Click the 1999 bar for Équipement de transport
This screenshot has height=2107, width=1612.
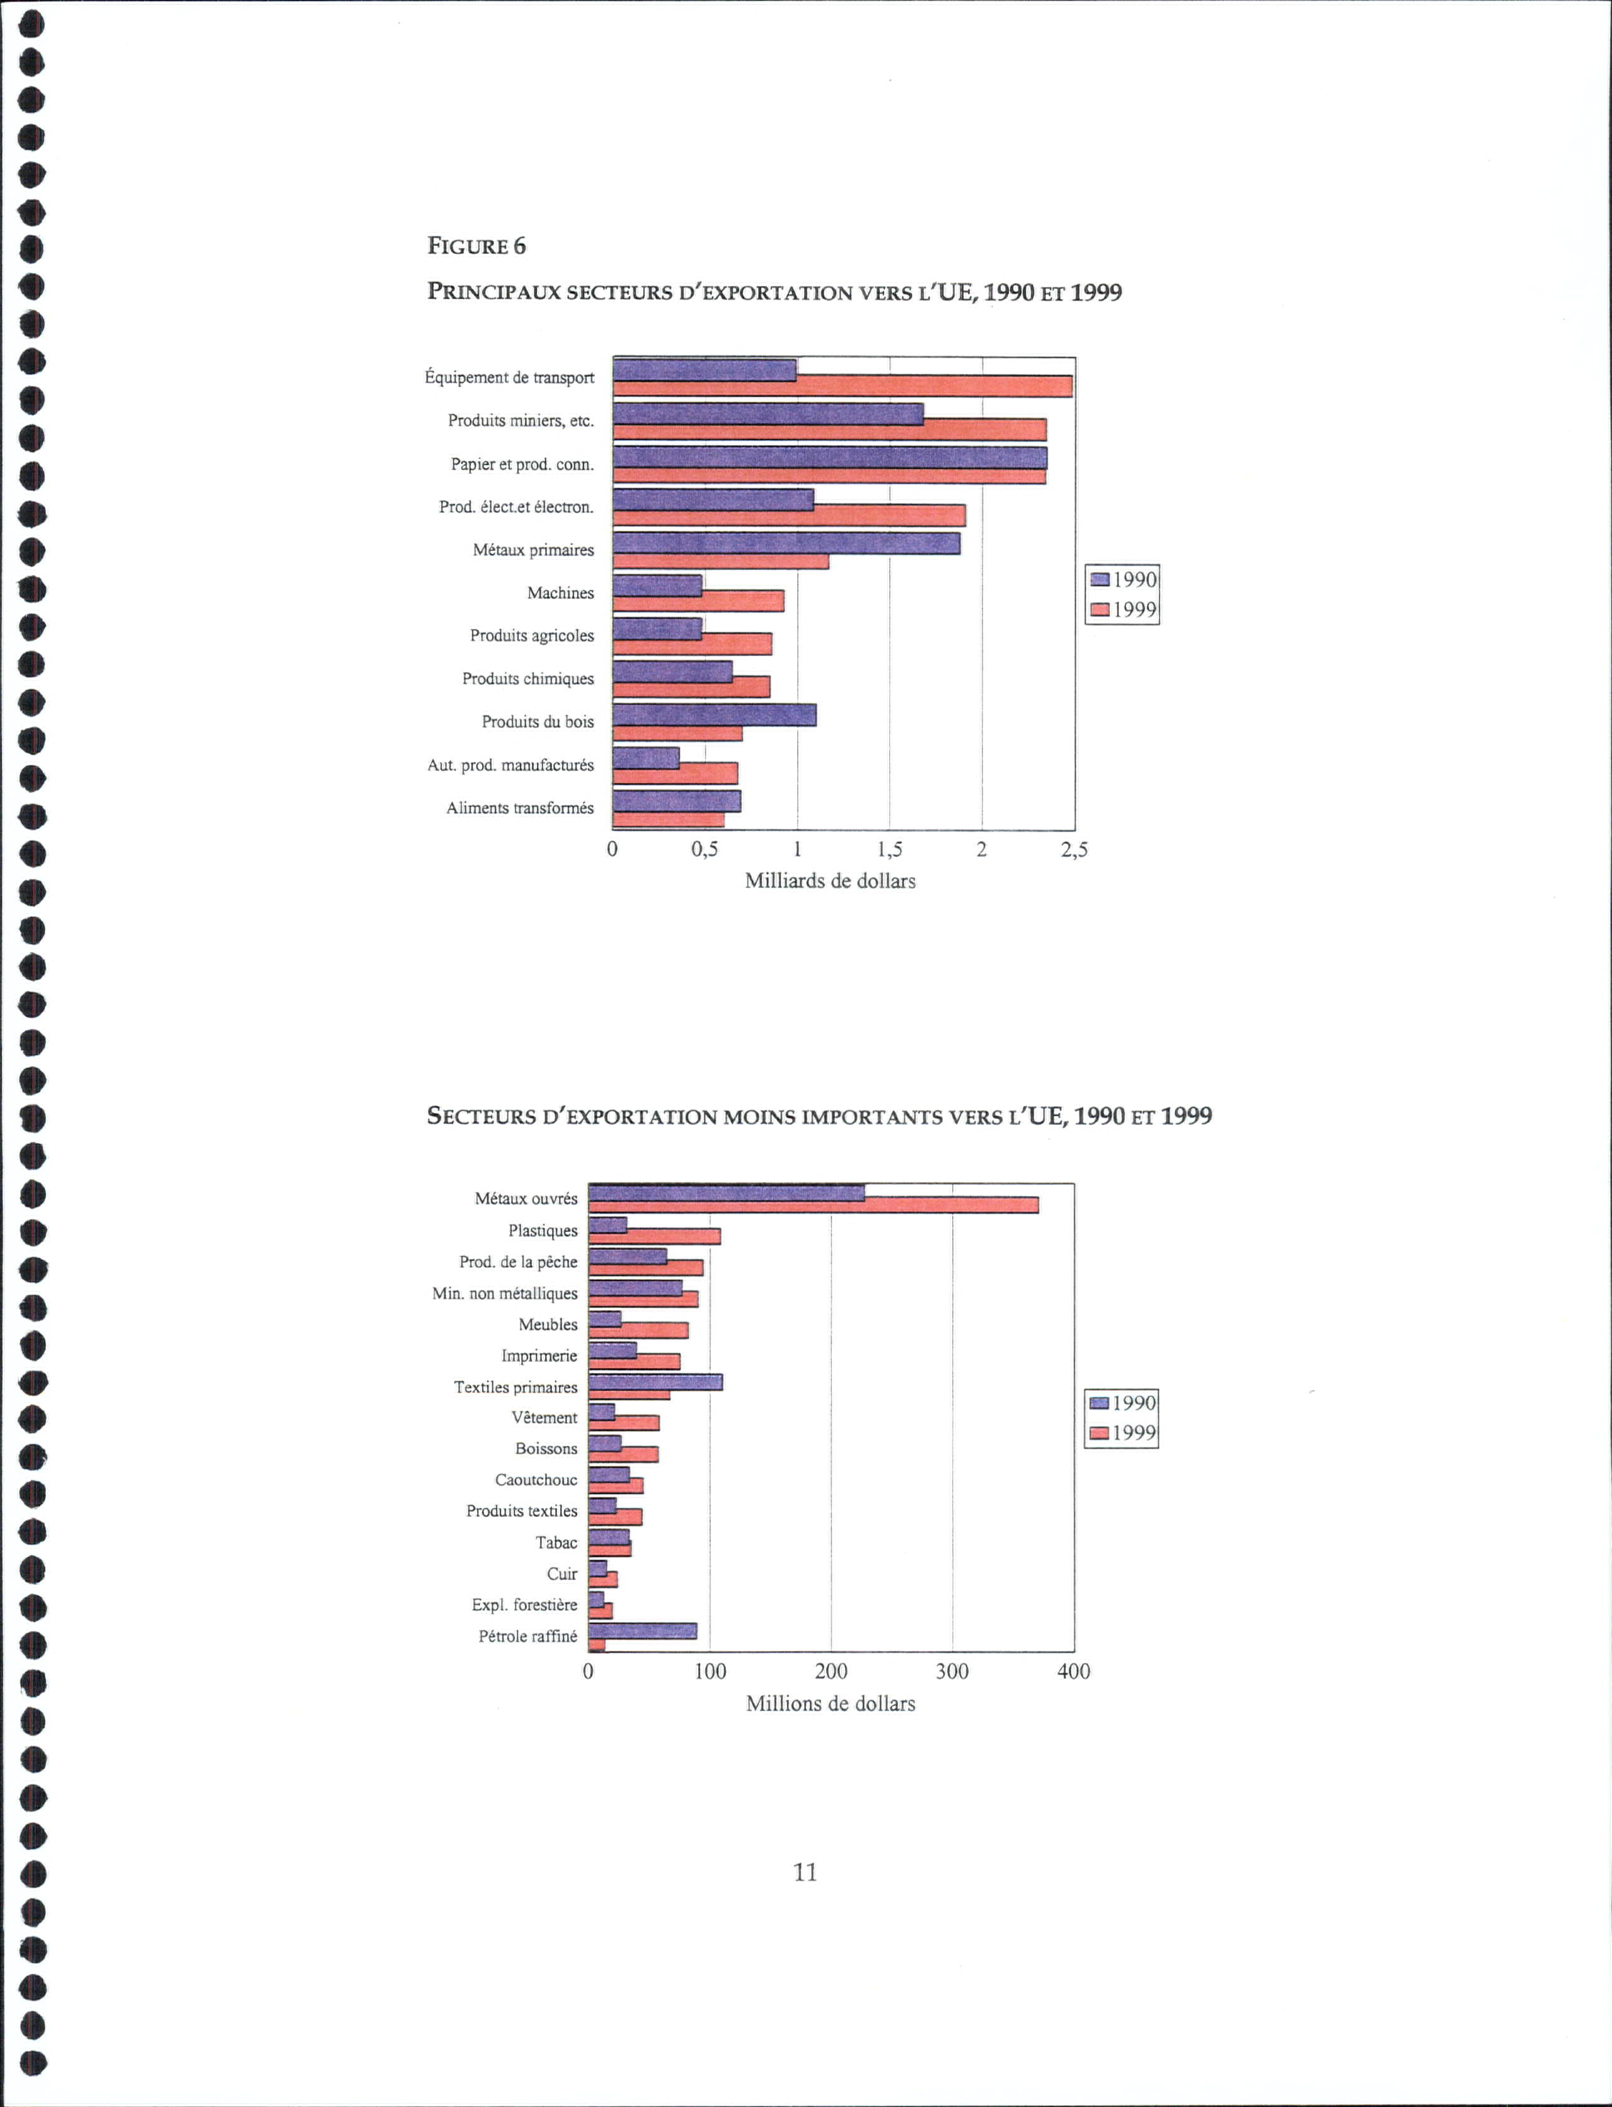pos(843,386)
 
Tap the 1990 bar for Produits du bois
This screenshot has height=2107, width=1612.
pos(715,715)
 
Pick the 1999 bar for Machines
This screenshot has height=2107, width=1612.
pos(698,601)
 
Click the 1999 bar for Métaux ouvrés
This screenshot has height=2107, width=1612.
pos(814,1205)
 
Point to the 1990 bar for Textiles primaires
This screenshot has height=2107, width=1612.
pos(655,1382)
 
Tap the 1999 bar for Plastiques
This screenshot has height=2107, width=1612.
pos(654,1236)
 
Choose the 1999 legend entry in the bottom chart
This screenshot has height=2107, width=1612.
pos(1122,1433)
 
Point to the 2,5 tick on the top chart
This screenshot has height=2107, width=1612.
pos(1074,849)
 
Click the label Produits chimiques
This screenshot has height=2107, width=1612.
pos(527,678)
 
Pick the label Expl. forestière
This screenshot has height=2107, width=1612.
pos(525,1605)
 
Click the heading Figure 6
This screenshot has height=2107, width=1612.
pos(477,246)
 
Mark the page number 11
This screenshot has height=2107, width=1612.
pos(805,1872)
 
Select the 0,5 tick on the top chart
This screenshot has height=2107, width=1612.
pos(705,849)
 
